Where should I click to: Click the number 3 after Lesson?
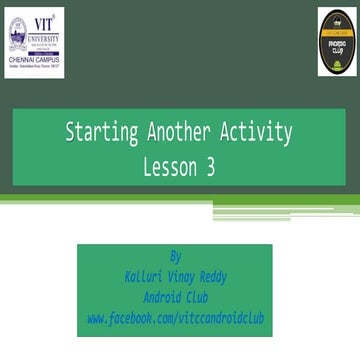click(x=211, y=168)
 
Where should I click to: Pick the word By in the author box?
click(x=176, y=256)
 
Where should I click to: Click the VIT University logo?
click(x=33, y=42)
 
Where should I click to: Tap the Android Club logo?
click(x=337, y=42)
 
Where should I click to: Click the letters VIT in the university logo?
click(x=44, y=24)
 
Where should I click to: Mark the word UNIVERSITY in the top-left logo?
click(x=44, y=34)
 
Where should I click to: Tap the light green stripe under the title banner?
click(x=180, y=200)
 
